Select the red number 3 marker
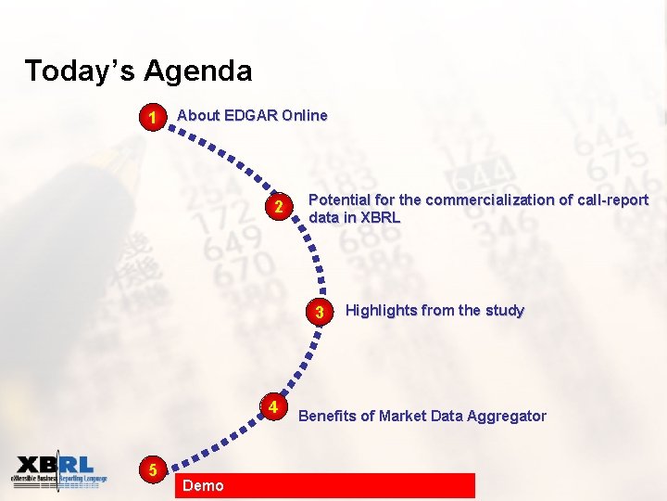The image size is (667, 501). (x=319, y=312)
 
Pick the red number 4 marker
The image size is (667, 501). (x=273, y=407)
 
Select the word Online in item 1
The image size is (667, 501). (x=305, y=116)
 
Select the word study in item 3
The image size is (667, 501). (x=505, y=311)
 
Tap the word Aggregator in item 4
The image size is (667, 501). (x=507, y=417)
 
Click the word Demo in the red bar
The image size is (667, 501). (x=203, y=485)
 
